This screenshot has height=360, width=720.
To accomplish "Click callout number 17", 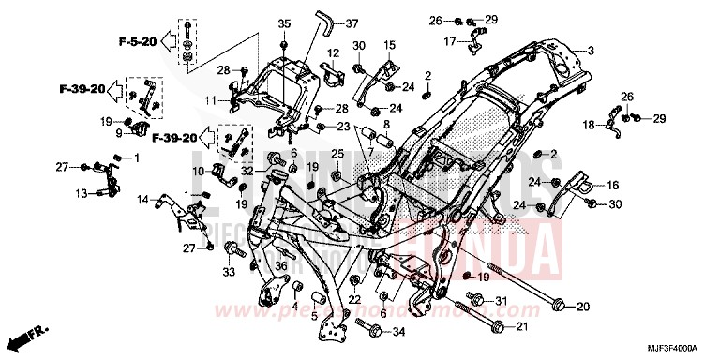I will [450, 40].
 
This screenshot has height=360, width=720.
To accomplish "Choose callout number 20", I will [581, 306].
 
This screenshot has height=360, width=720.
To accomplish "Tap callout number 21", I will [522, 326].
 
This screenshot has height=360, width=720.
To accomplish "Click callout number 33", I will [227, 273].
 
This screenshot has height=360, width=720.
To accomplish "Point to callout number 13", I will [81, 193].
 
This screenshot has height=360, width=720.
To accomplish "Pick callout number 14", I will [143, 199].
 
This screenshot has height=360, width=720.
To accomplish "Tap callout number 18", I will [588, 124].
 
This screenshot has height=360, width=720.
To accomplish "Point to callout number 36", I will [254, 264].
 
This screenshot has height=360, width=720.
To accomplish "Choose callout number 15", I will [390, 44].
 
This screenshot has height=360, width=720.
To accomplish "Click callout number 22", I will [354, 298].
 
